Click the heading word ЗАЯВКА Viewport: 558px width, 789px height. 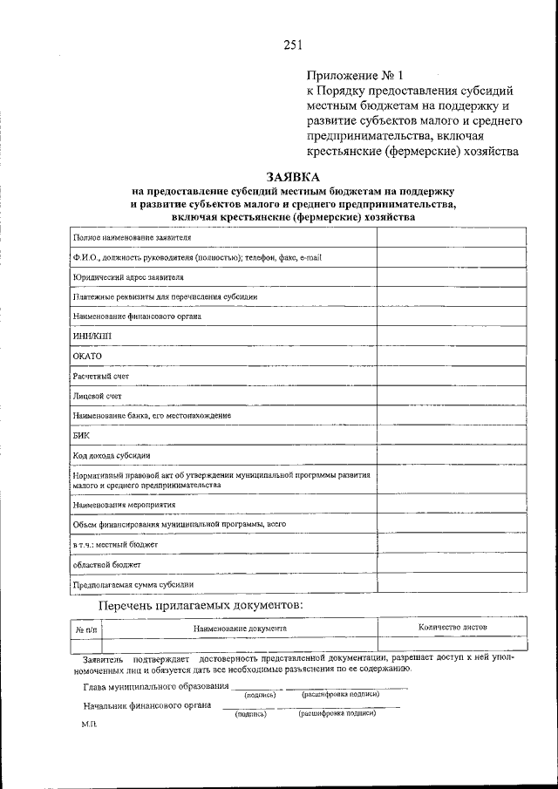pos(294,175)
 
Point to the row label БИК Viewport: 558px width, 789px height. pos(82,435)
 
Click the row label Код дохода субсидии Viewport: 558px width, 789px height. pos(112,455)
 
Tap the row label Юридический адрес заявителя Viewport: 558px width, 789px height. pos(128,276)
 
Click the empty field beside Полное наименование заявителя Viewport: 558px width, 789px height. pos(451,237)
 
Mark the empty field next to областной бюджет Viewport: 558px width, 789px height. pos(451,564)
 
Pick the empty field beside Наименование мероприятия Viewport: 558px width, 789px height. pos(451,504)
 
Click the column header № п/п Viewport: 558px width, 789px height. pos(86,628)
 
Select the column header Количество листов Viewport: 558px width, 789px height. pos(453,627)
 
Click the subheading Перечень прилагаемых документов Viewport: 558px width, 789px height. pos(201,604)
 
